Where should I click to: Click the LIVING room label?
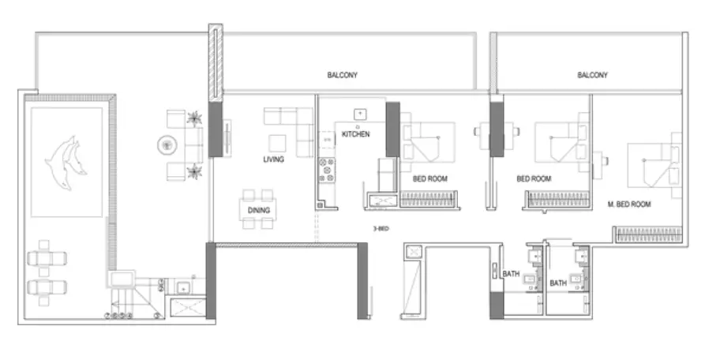(x=273, y=159)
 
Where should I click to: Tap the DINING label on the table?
(x=259, y=210)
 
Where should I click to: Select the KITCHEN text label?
(x=356, y=134)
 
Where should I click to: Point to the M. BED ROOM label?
(x=629, y=204)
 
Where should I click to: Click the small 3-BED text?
(x=381, y=229)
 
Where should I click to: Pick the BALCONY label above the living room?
(x=343, y=75)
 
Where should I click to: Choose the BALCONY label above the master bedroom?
(x=592, y=75)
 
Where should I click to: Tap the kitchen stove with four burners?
(x=327, y=170)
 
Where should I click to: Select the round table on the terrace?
(x=167, y=145)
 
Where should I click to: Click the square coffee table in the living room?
(x=277, y=144)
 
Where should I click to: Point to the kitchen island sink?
(x=360, y=114)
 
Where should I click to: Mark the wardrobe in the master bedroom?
(x=649, y=234)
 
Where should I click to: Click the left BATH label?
(x=511, y=274)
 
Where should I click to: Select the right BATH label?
(x=558, y=283)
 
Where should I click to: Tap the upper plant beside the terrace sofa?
(x=194, y=118)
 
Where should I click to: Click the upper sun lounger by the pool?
(x=47, y=258)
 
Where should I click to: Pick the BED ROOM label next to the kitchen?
(x=430, y=178)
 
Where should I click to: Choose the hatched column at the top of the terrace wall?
(x=216, y=62)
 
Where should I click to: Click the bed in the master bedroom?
(x=655, y=165)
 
